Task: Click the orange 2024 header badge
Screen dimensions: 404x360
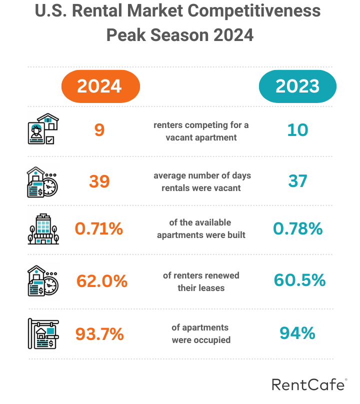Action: [100, 86]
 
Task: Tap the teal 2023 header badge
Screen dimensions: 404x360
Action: [297, 86]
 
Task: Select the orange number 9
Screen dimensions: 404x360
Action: [99, 130]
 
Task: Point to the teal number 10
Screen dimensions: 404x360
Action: [297, 130]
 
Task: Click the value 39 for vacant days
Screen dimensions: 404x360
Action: [99, 181]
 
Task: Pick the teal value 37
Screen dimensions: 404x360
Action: [297, 181]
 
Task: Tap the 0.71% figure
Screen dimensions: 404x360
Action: [99, 229]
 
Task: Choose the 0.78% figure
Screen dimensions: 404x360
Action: [298, 229]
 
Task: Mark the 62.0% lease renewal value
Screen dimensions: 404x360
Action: [102, 281]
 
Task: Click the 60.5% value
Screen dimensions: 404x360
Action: [299, 280]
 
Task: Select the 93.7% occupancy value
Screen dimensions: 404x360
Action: [99, 333]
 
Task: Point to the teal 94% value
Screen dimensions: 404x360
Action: [297, 333]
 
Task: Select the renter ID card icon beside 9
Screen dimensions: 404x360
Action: [43, 129]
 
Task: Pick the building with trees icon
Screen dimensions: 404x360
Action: [43, 229]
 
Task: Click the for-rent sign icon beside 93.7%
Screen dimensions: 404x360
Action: [43, 333]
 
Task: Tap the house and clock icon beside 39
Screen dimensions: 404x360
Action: [43, 181]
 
